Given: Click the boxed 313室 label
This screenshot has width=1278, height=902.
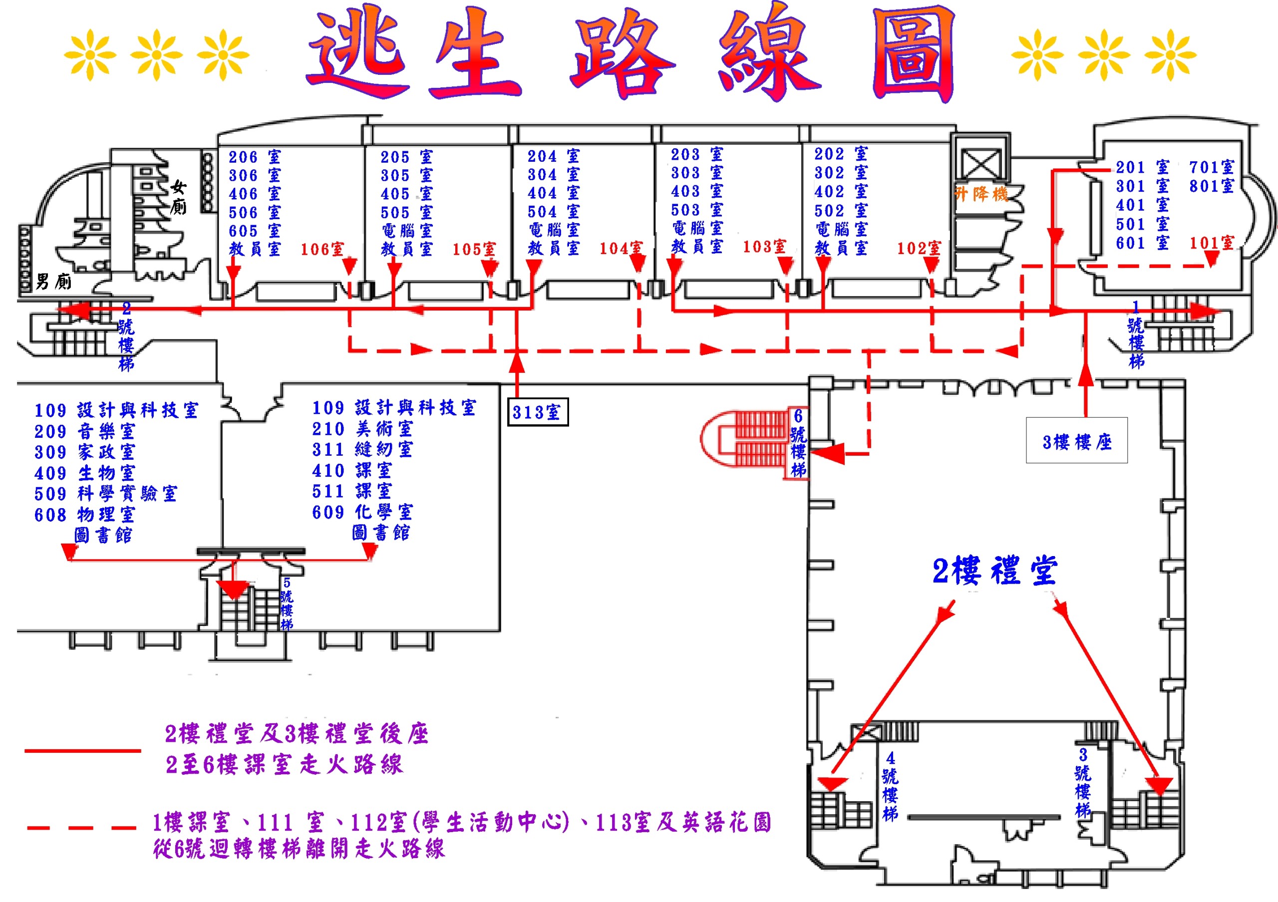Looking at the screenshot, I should click(537, 412).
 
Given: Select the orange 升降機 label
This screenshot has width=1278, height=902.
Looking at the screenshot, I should click(981, 194).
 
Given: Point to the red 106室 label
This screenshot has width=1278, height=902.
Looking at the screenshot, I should click(322, 249).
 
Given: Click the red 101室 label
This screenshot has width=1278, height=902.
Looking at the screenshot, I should click(1211, 243).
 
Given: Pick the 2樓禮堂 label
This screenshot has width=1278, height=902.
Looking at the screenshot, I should click(994, 571).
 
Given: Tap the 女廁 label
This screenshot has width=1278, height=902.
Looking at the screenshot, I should click(178, 197).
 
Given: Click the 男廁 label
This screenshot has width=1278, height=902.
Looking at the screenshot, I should click(53, 282).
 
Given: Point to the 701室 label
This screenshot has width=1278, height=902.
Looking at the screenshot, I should click(1211, 167).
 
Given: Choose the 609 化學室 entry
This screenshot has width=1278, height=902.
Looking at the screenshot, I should click(362, 512).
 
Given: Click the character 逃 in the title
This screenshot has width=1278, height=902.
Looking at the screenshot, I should click(359, 53).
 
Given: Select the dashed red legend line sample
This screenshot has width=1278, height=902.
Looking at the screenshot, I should click(81, 828).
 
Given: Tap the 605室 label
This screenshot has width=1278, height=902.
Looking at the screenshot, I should click(255, 231).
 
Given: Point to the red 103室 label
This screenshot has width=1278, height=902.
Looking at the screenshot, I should click(764, 247).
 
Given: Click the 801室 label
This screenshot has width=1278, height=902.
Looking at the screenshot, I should click(1211, 186).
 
